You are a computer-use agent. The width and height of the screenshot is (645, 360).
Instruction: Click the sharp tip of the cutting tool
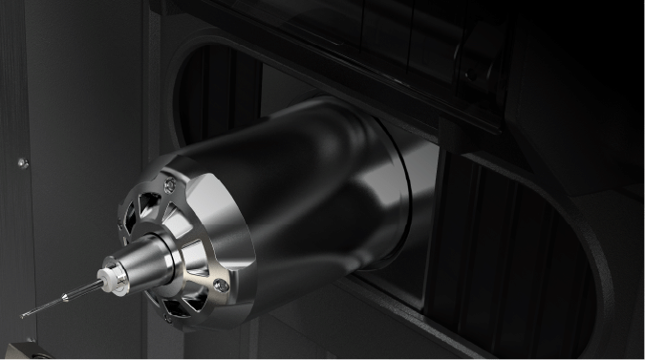point(22,315)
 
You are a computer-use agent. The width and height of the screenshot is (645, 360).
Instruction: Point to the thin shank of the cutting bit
point(57,300)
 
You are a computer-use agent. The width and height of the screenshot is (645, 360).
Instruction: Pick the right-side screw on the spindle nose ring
point(222,284)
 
